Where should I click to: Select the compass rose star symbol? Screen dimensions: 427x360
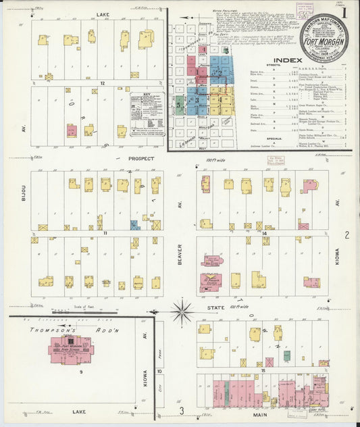pyautogui.click(x=181, y=312)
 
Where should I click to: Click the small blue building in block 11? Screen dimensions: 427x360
pyautogui.click(x=135, y=225)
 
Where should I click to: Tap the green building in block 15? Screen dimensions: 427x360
pyautogui.click(x=286, y=355)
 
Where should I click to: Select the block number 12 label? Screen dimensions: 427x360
pyautogui.click(x=103, y=83)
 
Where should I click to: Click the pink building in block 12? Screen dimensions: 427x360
pyautogui.click(x=71, y=130)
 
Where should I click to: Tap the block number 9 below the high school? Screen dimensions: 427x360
pyautogui.click(x=80, y=372)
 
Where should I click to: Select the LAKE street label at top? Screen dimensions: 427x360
pyautogui.click(x=103, y=14)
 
